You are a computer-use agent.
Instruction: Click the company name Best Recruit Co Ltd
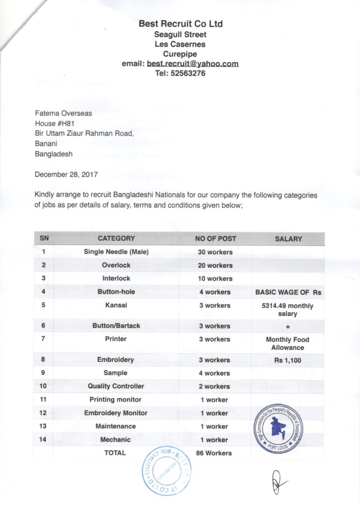tap(180, 24)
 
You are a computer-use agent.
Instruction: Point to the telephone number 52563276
tap(188, 74)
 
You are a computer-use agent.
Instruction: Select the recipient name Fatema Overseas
tap(63, 113)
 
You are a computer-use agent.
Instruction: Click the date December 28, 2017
tap(66, 174)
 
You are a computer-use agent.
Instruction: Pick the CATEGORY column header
tap(116, 239)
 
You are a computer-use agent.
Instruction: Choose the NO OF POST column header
tap(215, 239)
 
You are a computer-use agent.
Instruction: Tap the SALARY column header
tap(288, 239)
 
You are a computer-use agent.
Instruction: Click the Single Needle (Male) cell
tap(116, 252)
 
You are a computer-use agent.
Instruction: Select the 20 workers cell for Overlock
tap(215, 265)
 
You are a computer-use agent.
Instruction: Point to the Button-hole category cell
tap(116, 292)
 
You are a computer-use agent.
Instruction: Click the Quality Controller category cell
tap(116, 386)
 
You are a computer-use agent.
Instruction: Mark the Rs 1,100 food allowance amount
tap(287, 360)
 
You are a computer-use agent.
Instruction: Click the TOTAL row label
tap(115, 453)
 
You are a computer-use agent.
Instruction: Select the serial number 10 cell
tap(44, 386)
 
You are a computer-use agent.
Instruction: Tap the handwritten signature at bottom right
tap(277, 481)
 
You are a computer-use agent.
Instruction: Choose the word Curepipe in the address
tap(180, 54)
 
